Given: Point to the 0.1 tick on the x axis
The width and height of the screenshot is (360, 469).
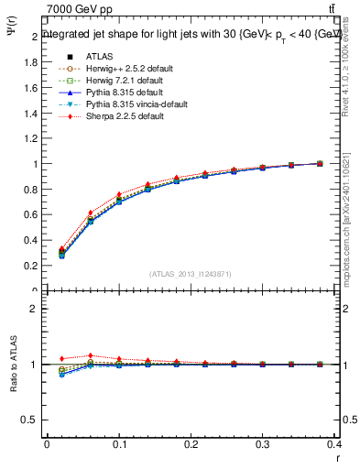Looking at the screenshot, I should coord(119,446).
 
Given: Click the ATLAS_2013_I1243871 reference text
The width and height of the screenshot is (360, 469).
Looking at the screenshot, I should coord(189,274).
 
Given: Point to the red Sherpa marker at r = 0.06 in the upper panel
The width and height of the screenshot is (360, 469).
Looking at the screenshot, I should coord(90,213).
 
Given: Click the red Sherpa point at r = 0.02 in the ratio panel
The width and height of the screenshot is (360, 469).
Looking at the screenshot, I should coord(61,358).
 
